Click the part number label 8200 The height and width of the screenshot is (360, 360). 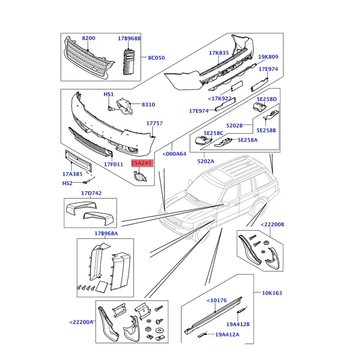click(x=88, y=38)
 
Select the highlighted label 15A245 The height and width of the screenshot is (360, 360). click(x=143, y=164)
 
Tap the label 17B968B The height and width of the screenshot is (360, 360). click(x=130, y=38)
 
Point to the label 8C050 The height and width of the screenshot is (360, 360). click(x=157, y=58)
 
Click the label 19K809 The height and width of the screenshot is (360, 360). click(x=268, y=57)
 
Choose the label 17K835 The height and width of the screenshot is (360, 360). click(x=219, y=53)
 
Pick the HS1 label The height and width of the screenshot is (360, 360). click(x=109, y=94)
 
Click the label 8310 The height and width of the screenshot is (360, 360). click(x=148, y=104)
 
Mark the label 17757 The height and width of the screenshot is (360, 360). click(x=154, y=123)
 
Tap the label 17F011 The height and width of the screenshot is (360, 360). click(x=114, y=164)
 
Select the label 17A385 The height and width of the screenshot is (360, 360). click(x=72, y=174)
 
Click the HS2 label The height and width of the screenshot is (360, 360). click(x=67, y=183)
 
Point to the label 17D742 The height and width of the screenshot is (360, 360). click(x=91, y=193)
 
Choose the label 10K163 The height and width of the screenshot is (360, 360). click(x=272, y=293)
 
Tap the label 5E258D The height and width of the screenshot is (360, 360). click(x=267, y=99)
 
